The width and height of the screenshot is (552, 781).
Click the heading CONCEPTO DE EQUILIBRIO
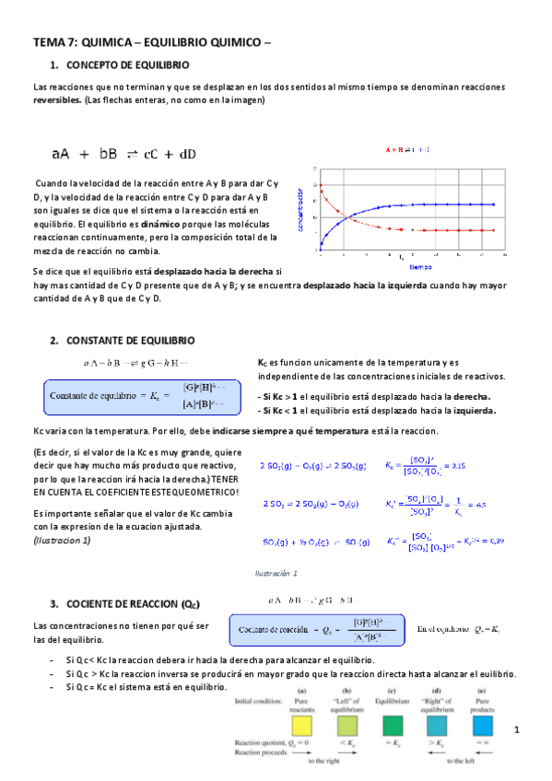point(128,65)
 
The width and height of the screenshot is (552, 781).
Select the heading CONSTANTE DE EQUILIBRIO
point(129,341)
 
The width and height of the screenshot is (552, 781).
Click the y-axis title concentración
point(300,207)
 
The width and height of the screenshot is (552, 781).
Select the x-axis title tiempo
point(420,267)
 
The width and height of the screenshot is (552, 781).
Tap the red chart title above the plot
point(408,149)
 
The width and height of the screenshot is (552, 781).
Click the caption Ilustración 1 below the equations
point(276,573)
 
